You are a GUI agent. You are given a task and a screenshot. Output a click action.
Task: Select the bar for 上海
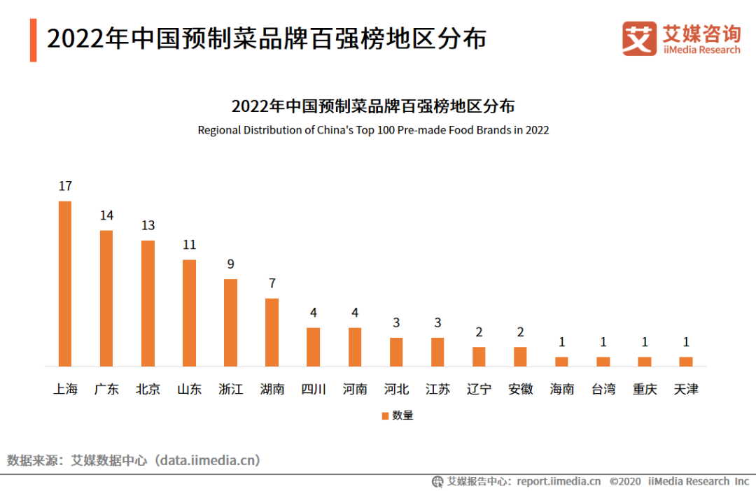click(65, 283)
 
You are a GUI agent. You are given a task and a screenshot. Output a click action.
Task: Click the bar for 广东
click(106, 298)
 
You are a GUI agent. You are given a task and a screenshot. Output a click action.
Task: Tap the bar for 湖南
click(272, 332)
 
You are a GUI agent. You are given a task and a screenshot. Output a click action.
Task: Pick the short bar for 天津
click(686, 362)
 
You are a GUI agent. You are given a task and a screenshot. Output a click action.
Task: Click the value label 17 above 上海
click(65, 187)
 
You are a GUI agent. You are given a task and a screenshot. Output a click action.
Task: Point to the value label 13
click(148, 226)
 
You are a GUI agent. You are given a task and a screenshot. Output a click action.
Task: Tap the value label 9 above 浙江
click(230, 264)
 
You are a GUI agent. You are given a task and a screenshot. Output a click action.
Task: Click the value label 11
click(189, 245)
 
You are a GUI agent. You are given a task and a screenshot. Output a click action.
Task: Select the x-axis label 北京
click(148, 389)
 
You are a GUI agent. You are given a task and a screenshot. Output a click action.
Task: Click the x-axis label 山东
click(189, 389)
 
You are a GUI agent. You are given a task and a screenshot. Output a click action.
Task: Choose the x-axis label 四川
click(314, 389)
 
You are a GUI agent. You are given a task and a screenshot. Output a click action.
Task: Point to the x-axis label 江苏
click(437, 389)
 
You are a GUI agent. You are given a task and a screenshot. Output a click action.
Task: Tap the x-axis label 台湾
click(603, 389)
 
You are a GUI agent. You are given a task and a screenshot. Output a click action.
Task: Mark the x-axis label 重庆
click(645, 389)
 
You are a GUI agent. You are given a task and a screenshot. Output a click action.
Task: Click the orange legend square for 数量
click(385, 415)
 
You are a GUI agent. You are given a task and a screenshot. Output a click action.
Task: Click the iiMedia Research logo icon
click(639, 38)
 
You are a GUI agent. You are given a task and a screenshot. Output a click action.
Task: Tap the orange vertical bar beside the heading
click(34, 40)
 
